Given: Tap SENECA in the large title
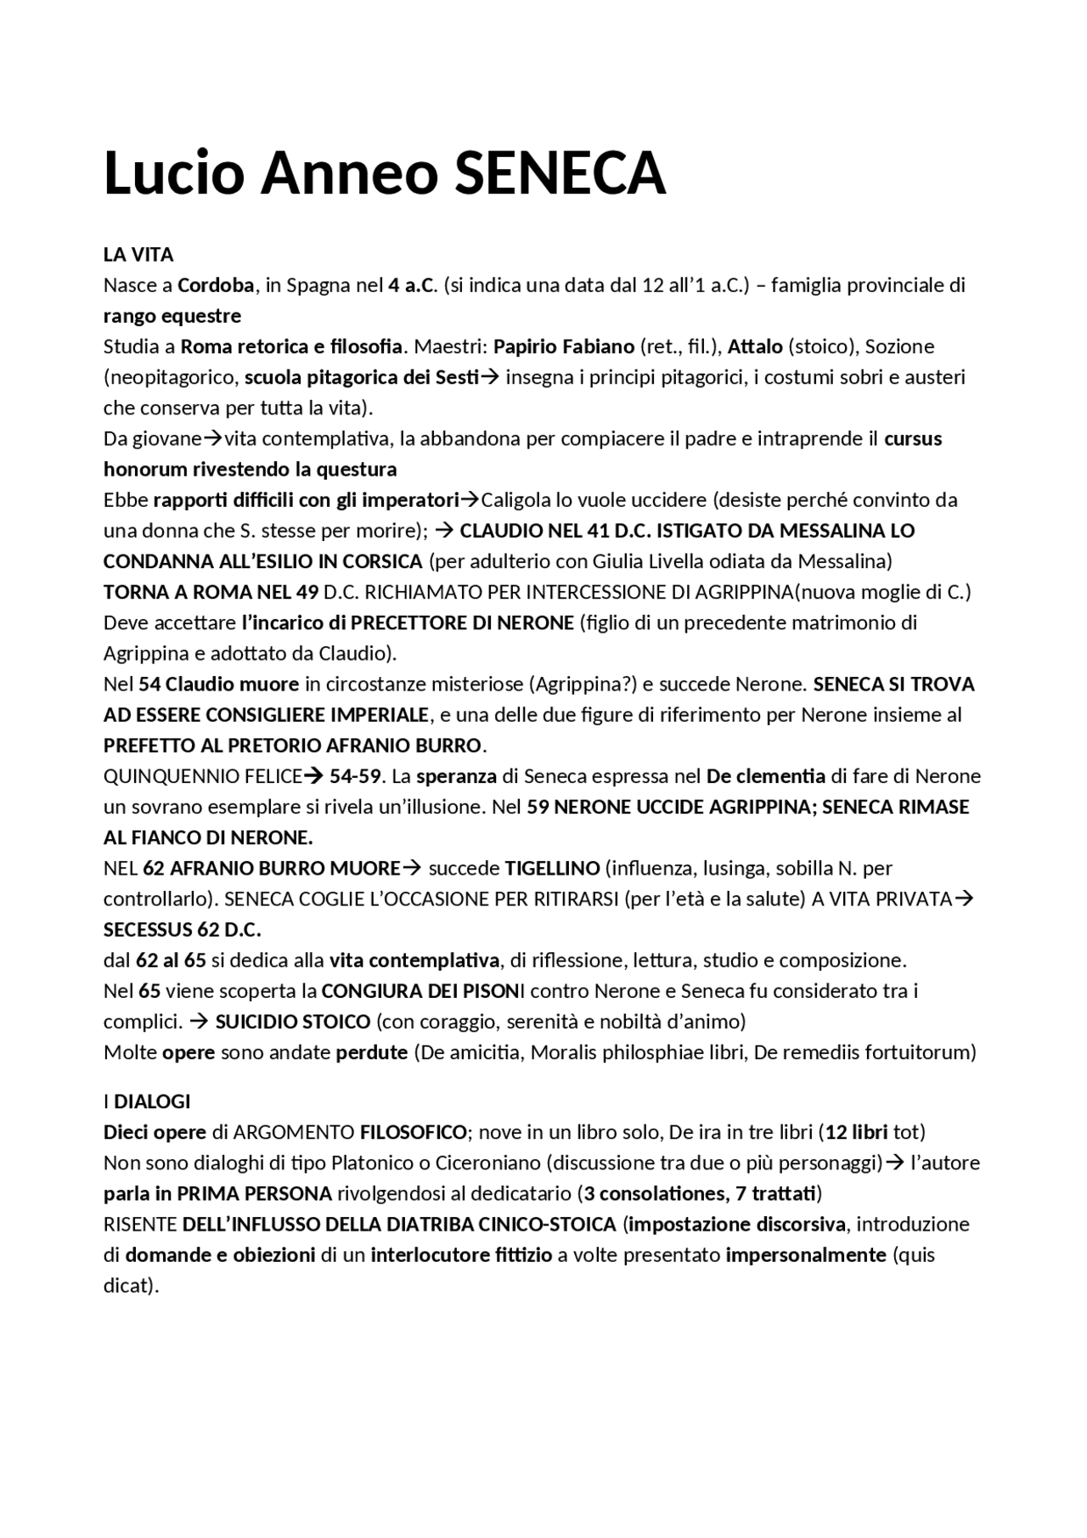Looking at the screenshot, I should click(560, 172).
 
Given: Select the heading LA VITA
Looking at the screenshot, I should click(138, 255).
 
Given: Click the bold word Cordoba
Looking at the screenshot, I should click(216, 285).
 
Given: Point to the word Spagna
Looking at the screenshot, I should click(318, 285).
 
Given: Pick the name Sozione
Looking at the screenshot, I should click(899, 346).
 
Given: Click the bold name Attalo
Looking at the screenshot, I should click(755, 346).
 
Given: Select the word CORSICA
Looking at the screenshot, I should click(382, 561).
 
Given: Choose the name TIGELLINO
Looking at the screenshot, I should click(552, 868).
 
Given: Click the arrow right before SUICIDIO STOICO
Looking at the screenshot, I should click(200, 1021).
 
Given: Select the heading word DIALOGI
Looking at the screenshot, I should click(152, 1101).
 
